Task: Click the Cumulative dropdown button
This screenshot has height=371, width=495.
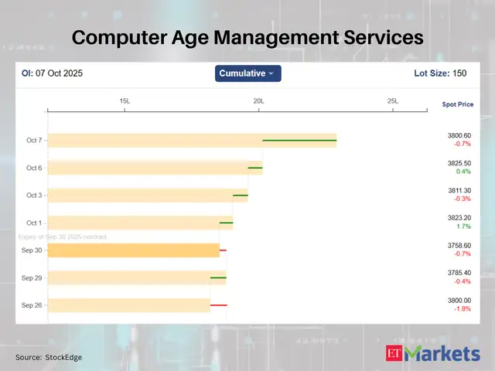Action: [247, 73]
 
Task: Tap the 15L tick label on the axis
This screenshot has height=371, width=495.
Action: [125, 101]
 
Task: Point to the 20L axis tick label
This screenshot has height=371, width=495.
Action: [258, 101]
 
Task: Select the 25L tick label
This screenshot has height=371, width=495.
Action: [392, 101]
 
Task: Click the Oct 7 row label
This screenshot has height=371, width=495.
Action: [34, 141]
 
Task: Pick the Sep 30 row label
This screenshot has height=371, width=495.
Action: [32, 250]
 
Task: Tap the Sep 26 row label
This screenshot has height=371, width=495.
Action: [32, 305]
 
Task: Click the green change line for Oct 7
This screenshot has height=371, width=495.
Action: [299, 141]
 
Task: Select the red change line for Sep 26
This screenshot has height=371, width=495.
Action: [218, 305]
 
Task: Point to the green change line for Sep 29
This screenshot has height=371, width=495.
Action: [218, 277]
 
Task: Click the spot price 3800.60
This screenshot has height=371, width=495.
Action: [459, 136]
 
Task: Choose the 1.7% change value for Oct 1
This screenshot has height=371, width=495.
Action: [460, 226]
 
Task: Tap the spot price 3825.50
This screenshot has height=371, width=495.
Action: [459, 163]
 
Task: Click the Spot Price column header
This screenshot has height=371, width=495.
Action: [457, 104]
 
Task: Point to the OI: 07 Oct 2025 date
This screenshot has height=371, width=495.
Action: [52, 73]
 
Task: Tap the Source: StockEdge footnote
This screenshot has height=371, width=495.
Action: [49, 357]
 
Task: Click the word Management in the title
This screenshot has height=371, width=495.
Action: [248, 36]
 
